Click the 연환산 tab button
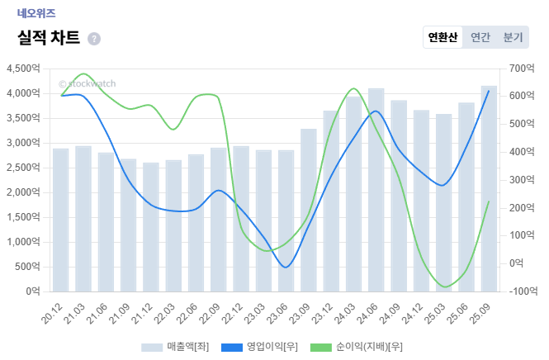[x=443, y=37]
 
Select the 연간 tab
[x=480, y=37]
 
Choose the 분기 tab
[x=513, y=37]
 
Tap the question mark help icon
[x=94, y=39]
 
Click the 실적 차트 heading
[x=49, y=38]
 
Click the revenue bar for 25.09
[x=489, y=189]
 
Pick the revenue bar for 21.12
[x=150, y=227]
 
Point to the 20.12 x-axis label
[x=54, y=313]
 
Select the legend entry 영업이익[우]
[x=263, y=347]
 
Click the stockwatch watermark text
[x=88, y=83]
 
